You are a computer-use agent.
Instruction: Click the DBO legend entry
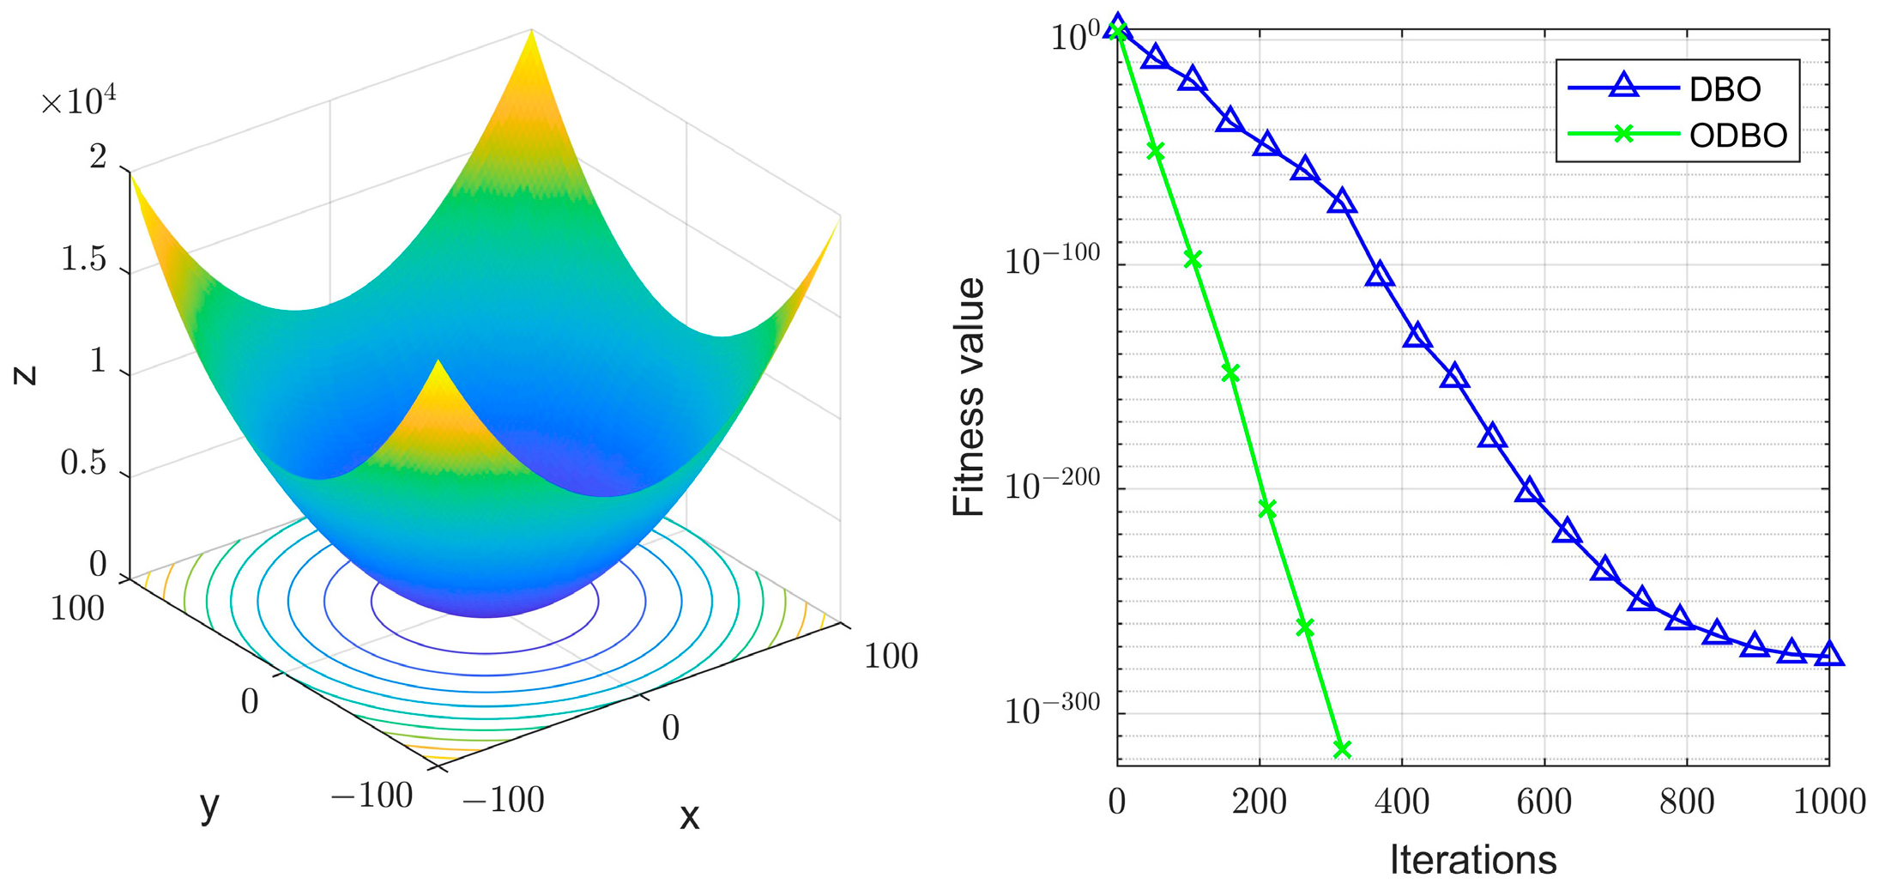(1723, 88)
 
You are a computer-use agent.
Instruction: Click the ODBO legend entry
(1737, 136)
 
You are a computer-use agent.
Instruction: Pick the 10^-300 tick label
(1051, 710)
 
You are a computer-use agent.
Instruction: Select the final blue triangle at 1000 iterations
(1829, 655)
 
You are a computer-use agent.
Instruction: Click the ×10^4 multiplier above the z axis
(78, 102)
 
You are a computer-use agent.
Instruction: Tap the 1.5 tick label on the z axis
(83, 259)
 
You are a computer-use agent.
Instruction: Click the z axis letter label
(27, 374)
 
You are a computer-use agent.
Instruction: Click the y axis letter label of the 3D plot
(208, 807)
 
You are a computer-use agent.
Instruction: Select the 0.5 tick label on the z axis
(83, 463)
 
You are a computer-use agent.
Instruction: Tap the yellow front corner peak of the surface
(439, 373)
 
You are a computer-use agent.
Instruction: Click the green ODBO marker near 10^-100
(1193, 259)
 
